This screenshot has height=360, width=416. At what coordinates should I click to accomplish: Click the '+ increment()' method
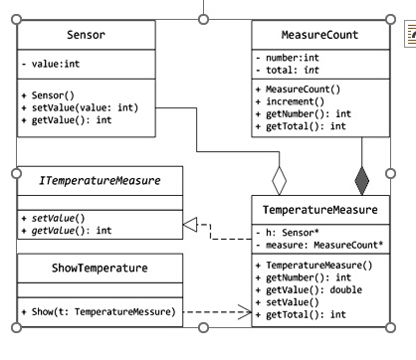click(x=298, y=101)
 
